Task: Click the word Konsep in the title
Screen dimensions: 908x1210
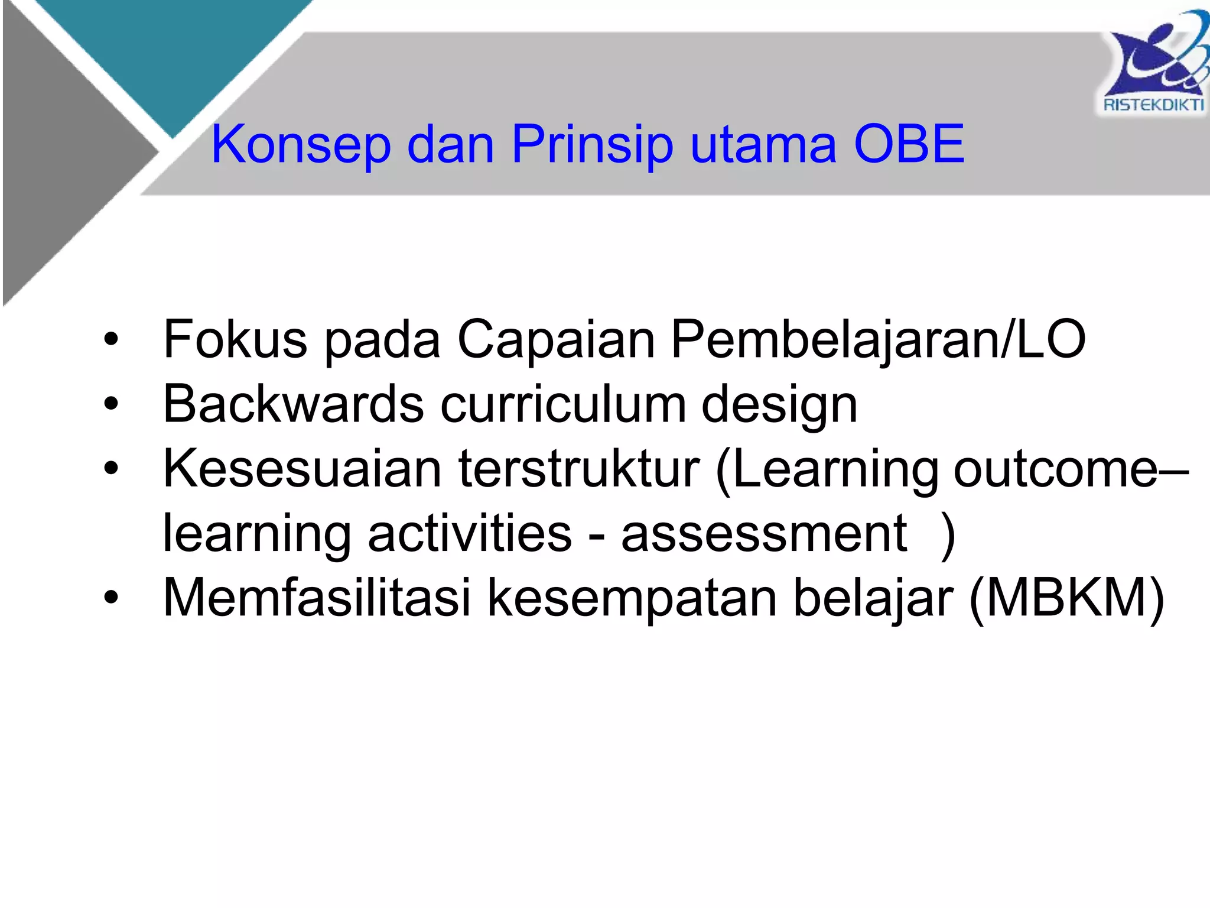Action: (x=301, y=144)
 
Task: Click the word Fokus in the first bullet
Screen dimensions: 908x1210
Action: (x=235, y=339)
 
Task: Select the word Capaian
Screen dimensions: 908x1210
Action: (x=556, y=339)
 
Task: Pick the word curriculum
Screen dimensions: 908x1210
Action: (x=564, y=404)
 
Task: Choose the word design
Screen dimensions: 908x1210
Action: (x=779, y=406)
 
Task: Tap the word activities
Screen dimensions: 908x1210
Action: (x=470, y=533)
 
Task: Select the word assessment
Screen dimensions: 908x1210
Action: (x=764, y=533)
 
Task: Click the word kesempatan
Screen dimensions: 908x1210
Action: (x=632, y=599)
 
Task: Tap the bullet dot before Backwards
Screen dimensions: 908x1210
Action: (x=110, y=404)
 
